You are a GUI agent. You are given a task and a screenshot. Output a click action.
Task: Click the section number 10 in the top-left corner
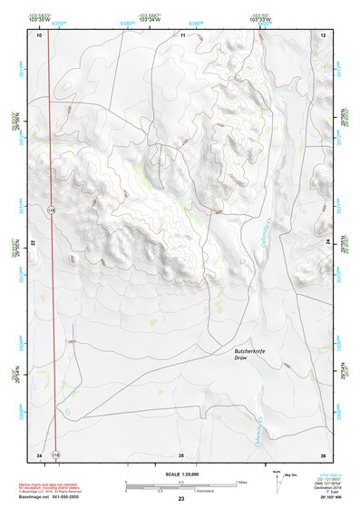click(39, 34)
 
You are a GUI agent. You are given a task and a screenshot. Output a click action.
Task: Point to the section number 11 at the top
click(182, 34)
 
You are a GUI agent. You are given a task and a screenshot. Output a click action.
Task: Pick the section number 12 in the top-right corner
click(323, 34)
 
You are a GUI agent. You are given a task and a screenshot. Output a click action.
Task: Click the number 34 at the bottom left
click(39, 454)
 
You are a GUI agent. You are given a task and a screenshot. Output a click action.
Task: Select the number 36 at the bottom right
click(322, 454)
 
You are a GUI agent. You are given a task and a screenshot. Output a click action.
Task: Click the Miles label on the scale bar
click(240, 482)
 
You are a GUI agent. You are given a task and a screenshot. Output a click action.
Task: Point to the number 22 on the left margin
click(32, 244)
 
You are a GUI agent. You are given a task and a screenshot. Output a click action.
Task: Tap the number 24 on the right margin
click(329, 244)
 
